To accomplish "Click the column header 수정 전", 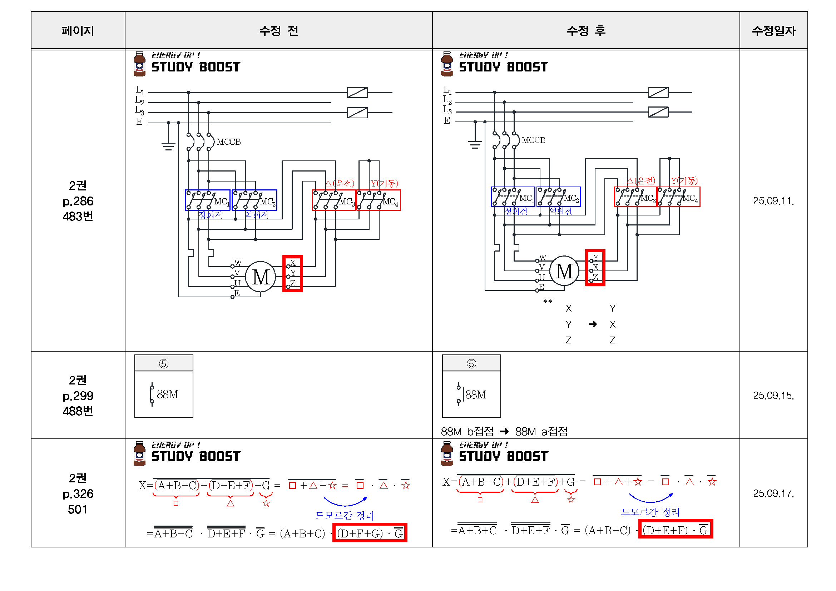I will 278,31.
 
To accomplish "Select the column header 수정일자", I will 773,31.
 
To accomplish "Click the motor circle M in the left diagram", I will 261,277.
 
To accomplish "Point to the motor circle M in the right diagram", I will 564,271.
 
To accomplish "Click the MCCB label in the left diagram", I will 229,142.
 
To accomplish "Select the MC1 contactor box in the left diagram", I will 208,200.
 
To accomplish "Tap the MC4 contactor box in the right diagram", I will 679,197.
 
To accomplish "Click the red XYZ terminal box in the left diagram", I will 292,274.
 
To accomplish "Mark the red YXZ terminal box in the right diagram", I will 595,268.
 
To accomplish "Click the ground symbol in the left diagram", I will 168,146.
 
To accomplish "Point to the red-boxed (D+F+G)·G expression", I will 370,533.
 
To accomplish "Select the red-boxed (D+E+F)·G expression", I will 676,529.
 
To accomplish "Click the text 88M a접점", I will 541,432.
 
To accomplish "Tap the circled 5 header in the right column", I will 471,363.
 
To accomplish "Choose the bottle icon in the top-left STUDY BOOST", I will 139,64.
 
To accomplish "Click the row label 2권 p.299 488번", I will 78,396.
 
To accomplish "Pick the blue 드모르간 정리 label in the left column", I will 345,515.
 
